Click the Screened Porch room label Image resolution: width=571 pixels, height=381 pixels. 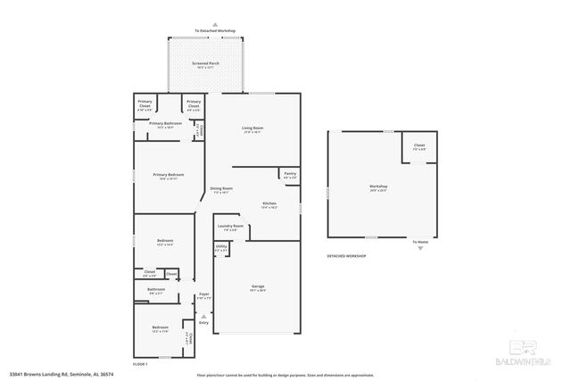click(x=207, y=64)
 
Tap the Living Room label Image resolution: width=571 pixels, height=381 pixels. click(x=252, y=128)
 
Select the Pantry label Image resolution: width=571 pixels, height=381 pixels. click(x=290, y=173)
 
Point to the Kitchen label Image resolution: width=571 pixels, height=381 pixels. click(x=269, y=203)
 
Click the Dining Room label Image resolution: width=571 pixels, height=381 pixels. click(x=221, y=188)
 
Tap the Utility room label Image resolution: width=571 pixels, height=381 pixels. click(x=221, y=248)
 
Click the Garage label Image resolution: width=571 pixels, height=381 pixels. click(x=257, y=286)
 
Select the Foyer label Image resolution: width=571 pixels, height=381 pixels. click(x=203, y=294)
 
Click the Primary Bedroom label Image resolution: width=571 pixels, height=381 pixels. click(x=168, y=175)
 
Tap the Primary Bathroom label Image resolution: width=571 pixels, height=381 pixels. click(x=166, y=123)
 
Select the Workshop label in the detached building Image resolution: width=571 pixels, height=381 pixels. click(x=378, y=186)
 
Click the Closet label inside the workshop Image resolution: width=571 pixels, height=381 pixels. click(x=418, y=145)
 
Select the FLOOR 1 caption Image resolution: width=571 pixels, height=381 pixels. click(x=139, y=365)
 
